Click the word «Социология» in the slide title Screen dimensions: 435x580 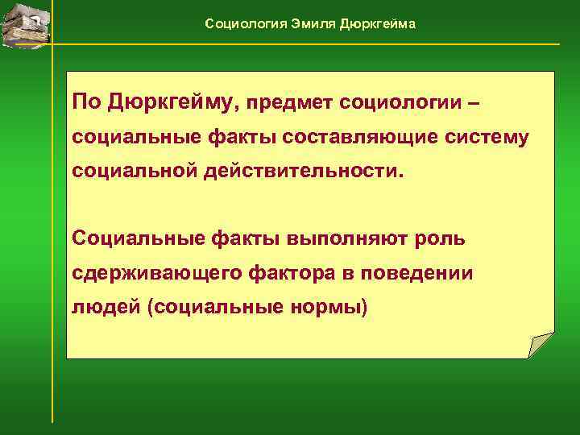tap(239, 23)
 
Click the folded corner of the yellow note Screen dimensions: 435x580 tap(541, 345)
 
